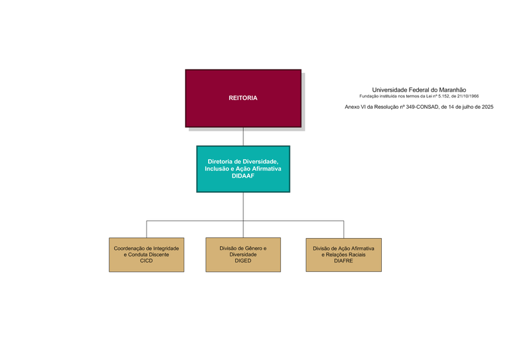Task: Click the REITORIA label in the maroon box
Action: click(243, 98)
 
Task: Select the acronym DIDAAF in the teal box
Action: click(243, 176)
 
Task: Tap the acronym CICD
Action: click(146, 261)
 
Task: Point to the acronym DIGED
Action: click(243, 261)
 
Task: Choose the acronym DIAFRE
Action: click(343, 261)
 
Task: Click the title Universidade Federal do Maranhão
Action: click(419, 90)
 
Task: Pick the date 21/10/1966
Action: click(466, 96)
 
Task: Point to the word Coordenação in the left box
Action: click(130, 248)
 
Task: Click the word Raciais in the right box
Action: click(354, 255)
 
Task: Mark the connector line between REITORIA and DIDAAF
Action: click(243, 137)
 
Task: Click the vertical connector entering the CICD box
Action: click(146, 229)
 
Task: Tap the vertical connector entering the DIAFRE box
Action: click(343, 229)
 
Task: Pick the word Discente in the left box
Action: click(158, 255)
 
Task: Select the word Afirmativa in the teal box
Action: click(266, 169)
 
